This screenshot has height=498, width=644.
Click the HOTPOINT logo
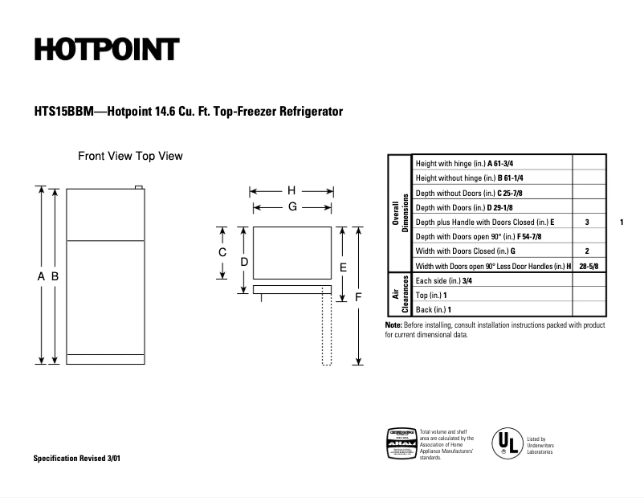(106, 50)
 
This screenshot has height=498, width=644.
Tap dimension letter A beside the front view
(41, 276)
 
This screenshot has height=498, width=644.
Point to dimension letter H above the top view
(291, 191)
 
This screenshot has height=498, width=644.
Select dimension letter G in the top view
(293, 206)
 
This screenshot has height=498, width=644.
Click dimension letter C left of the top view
(222, 252)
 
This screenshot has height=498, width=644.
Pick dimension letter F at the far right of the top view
(358, 296)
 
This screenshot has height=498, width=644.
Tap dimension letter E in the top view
(343, 266)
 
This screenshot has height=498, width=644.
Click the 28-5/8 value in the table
(589, 266)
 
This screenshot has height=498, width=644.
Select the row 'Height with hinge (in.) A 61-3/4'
(469, 163)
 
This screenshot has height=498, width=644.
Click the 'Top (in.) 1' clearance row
(433, 295)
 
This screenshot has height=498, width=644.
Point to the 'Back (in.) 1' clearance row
(434, 309)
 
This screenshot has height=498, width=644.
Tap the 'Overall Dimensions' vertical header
(399, 213)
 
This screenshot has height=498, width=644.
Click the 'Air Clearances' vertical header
(399, 295)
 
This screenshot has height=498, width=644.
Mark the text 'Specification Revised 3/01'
(78, 458)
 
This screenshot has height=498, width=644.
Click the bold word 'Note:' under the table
(393, 325)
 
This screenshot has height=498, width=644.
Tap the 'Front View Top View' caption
(130, 156)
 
